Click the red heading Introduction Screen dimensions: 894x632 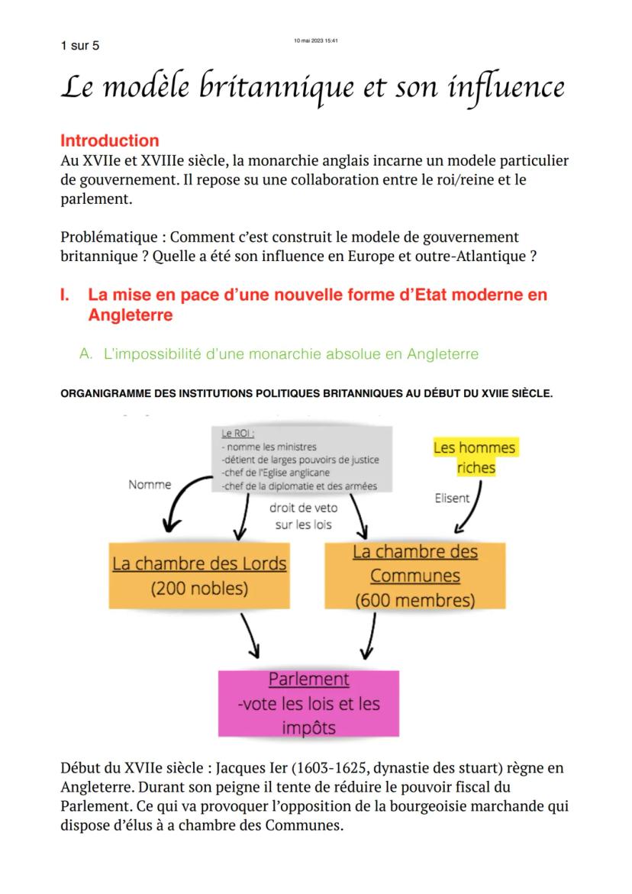[x=109, y=140]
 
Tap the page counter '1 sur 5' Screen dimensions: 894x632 [x=79, y=46]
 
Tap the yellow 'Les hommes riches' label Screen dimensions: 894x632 [x=475, y=457]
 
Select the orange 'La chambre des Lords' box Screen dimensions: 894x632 [x=200, y=576]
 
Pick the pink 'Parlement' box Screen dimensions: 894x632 [x=308, y=703]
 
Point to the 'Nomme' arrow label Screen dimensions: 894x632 [x=150, y=484]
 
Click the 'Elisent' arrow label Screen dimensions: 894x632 [x=452, y=499]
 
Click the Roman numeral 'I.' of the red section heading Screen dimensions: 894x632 [x=66, y=295]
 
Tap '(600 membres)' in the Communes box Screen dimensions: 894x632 [x=414, y=600]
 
